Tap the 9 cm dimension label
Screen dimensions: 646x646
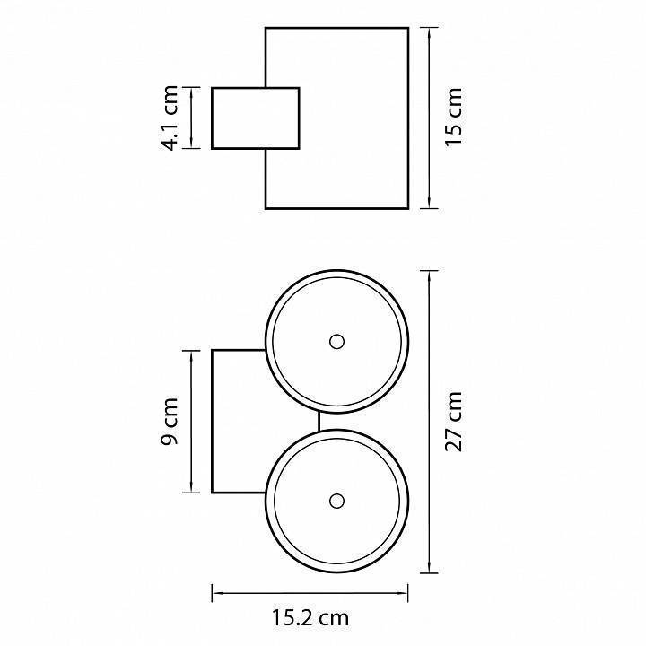coord(171,422)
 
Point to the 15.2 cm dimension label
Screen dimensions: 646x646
coord(310,617)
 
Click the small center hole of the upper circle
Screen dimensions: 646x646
coord(337,341)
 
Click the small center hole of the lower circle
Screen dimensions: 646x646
coord(337,501)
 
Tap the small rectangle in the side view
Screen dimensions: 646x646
coord(255,118)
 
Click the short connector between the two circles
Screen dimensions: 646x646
coord(319,421)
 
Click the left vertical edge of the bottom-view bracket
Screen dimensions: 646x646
coord(212,422)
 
